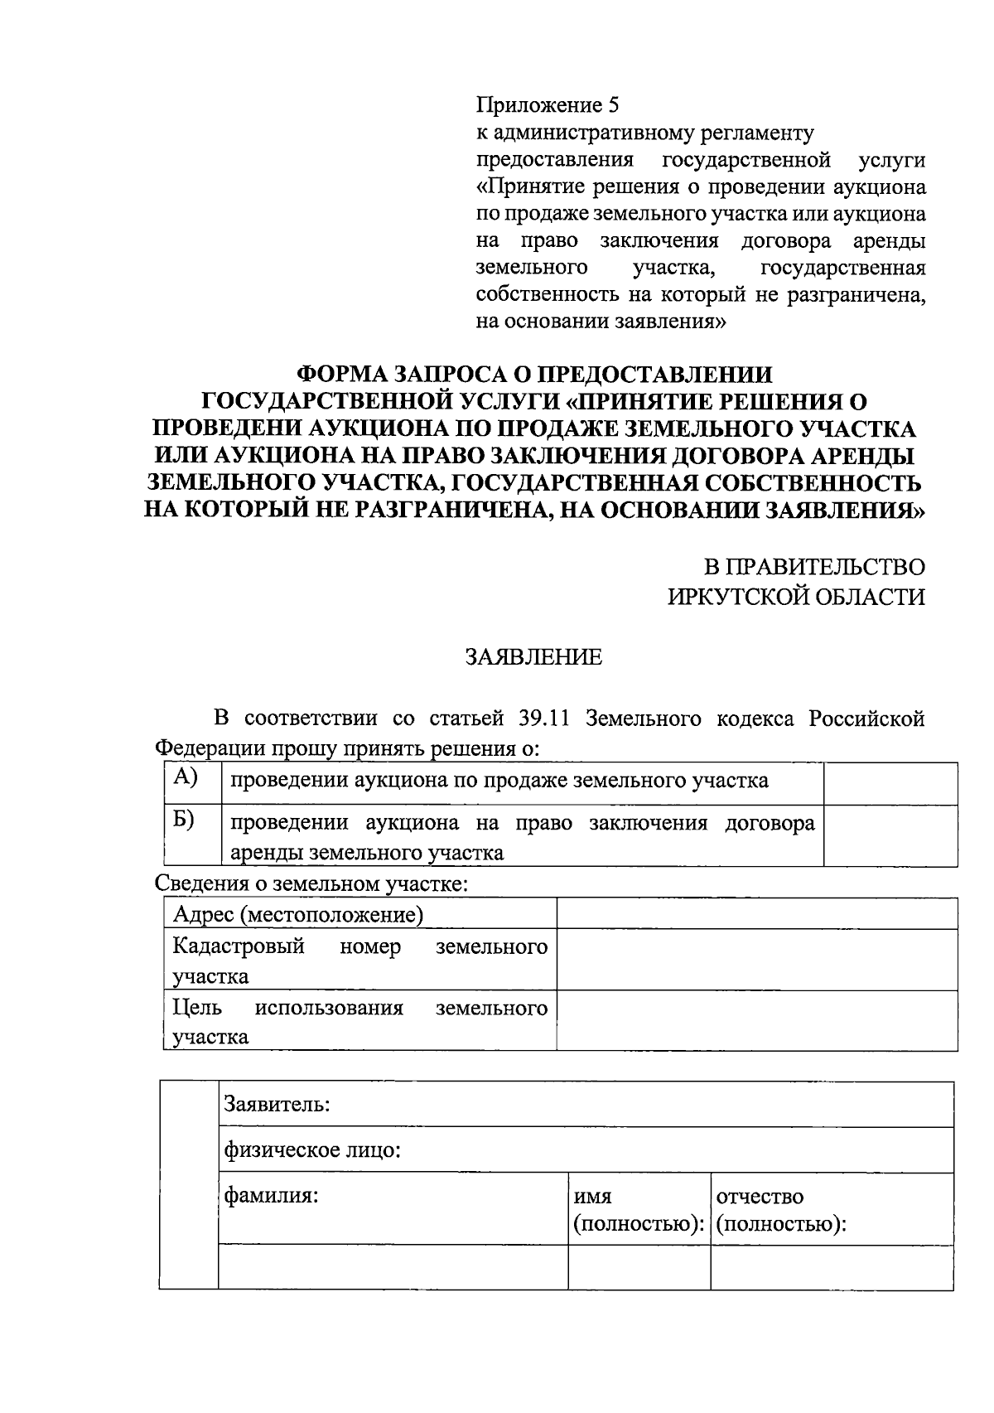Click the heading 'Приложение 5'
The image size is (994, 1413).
pos(547,106)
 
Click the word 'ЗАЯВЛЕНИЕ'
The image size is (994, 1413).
pos(533,658)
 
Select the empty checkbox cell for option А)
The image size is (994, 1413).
pos(890,784)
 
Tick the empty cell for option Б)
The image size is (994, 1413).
pos(890,836)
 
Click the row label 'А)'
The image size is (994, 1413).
pos(185,777)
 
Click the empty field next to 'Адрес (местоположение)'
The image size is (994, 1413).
pos(757,914)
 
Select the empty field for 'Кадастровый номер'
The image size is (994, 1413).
pos(757,960)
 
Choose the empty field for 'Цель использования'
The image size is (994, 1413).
pos(757,1021)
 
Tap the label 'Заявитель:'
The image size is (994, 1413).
pos(277,1105)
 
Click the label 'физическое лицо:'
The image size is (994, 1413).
pos(312,1150)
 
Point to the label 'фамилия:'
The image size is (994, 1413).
pos(272,1197)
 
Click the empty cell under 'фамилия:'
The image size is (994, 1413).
pos(393,1267)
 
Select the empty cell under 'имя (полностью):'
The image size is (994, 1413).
pos(639,1267)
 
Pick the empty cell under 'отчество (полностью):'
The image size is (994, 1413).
pos(832,1267)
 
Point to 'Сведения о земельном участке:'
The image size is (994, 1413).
pos(311,883)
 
